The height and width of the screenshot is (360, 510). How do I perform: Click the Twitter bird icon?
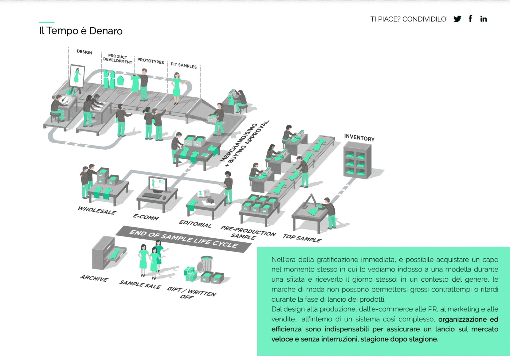(x=457, y=19)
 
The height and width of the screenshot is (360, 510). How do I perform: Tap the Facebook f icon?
(x=470, y=19)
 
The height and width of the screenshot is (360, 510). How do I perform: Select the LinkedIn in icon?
(x=483, y=19)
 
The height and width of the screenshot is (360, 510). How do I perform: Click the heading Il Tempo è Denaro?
(x=81, y=31)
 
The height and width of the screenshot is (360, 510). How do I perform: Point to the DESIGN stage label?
(x=84, y=52)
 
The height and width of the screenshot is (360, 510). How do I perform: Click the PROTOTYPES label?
(x=150, y=61)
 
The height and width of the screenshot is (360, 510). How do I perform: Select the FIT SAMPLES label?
(x=184, y=65)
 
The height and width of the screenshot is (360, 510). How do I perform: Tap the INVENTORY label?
(x=359, y=138)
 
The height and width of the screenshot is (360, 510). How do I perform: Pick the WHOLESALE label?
(x=97, y=210)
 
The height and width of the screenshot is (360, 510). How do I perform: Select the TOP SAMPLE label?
(x=302, y=238)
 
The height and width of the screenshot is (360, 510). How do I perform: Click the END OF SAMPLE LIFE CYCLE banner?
(x=184, y=239)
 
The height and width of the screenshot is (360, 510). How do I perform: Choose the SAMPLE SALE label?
(x=140, y=284)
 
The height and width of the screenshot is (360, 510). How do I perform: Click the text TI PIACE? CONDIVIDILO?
(x=409, y=19)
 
